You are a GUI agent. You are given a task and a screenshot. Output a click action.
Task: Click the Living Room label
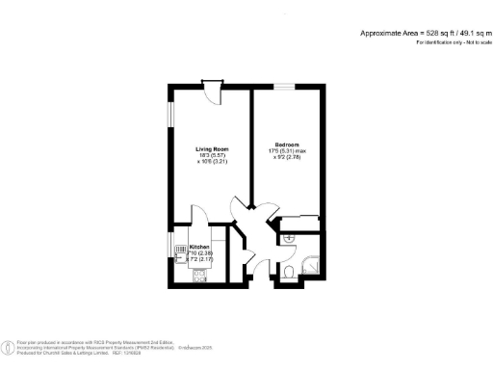(211, 148)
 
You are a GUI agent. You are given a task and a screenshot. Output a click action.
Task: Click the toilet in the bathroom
(291, 275)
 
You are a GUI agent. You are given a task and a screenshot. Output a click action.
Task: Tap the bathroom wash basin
(287, 237)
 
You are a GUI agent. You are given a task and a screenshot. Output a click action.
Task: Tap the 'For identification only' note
(448, 42)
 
